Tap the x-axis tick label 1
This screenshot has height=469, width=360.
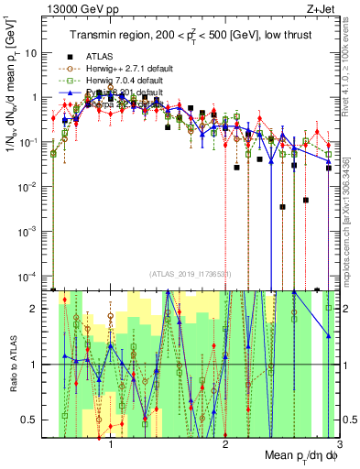pos(111,442)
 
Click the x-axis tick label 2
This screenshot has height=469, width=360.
pos(225,442)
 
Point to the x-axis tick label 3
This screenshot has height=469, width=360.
pos(339,442)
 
